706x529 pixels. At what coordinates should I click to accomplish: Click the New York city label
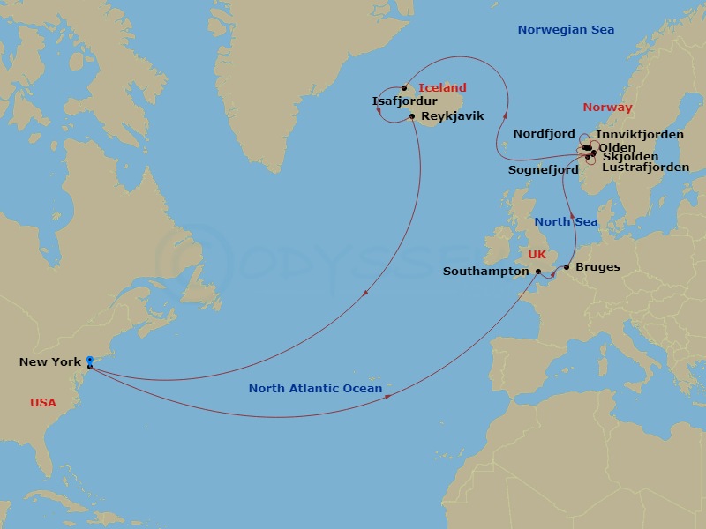tap(49, 362)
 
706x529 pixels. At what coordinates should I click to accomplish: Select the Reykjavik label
tap(453, 116)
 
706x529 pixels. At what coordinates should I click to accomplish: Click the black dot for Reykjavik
tap(412, 116)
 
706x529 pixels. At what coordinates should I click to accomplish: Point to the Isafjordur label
tap(404, 101)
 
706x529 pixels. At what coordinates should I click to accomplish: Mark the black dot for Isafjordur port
tap(404, 88)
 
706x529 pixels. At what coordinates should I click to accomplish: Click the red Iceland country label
tap(442, 88)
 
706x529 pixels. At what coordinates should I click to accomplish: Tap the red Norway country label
tap(607, 108)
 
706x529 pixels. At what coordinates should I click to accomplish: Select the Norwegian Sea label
tap(566, 30)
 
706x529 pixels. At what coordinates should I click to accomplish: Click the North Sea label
tap(566, 222)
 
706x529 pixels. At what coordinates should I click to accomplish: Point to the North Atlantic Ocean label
tap(315, 389)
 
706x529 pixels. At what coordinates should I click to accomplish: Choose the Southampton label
tap(485, 272)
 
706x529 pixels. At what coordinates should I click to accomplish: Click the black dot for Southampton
tap(537, 272)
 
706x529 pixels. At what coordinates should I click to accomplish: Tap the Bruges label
tap(597, 267)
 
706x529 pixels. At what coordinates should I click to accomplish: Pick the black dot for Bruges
tap(567, 267)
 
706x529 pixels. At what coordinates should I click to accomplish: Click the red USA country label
tap(42, 403)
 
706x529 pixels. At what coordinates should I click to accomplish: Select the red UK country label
tap(537, 255)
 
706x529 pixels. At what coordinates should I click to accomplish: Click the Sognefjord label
tap(543, 169)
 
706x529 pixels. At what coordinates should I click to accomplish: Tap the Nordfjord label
tap(544, 134)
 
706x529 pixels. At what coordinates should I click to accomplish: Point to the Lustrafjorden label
tap(645, 168)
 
